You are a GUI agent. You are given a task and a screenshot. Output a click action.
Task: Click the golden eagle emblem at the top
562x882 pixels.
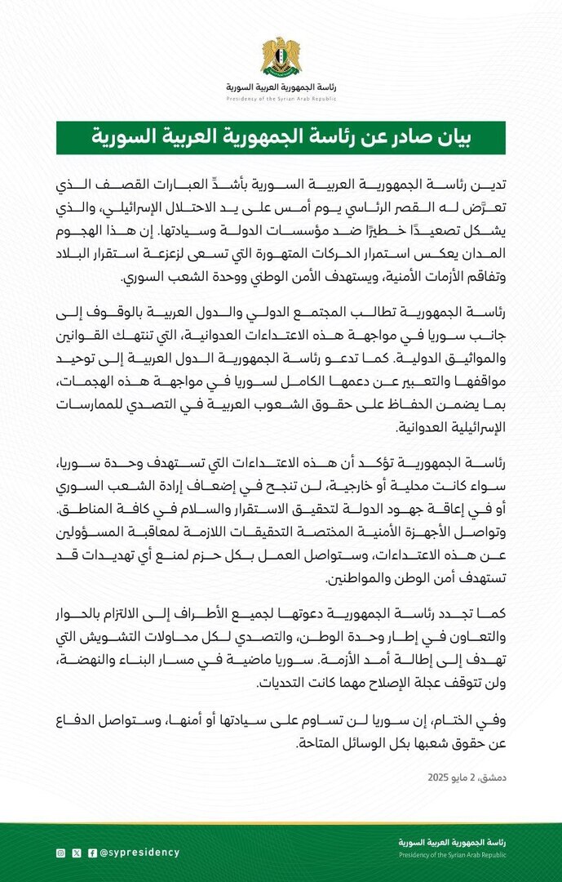point(281,56)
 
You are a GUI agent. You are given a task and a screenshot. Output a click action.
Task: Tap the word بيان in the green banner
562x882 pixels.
point(478,137)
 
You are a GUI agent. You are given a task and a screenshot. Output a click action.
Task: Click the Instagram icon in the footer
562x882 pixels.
point(60,853)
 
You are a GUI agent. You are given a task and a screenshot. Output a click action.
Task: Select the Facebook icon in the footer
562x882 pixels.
point(91,853)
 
